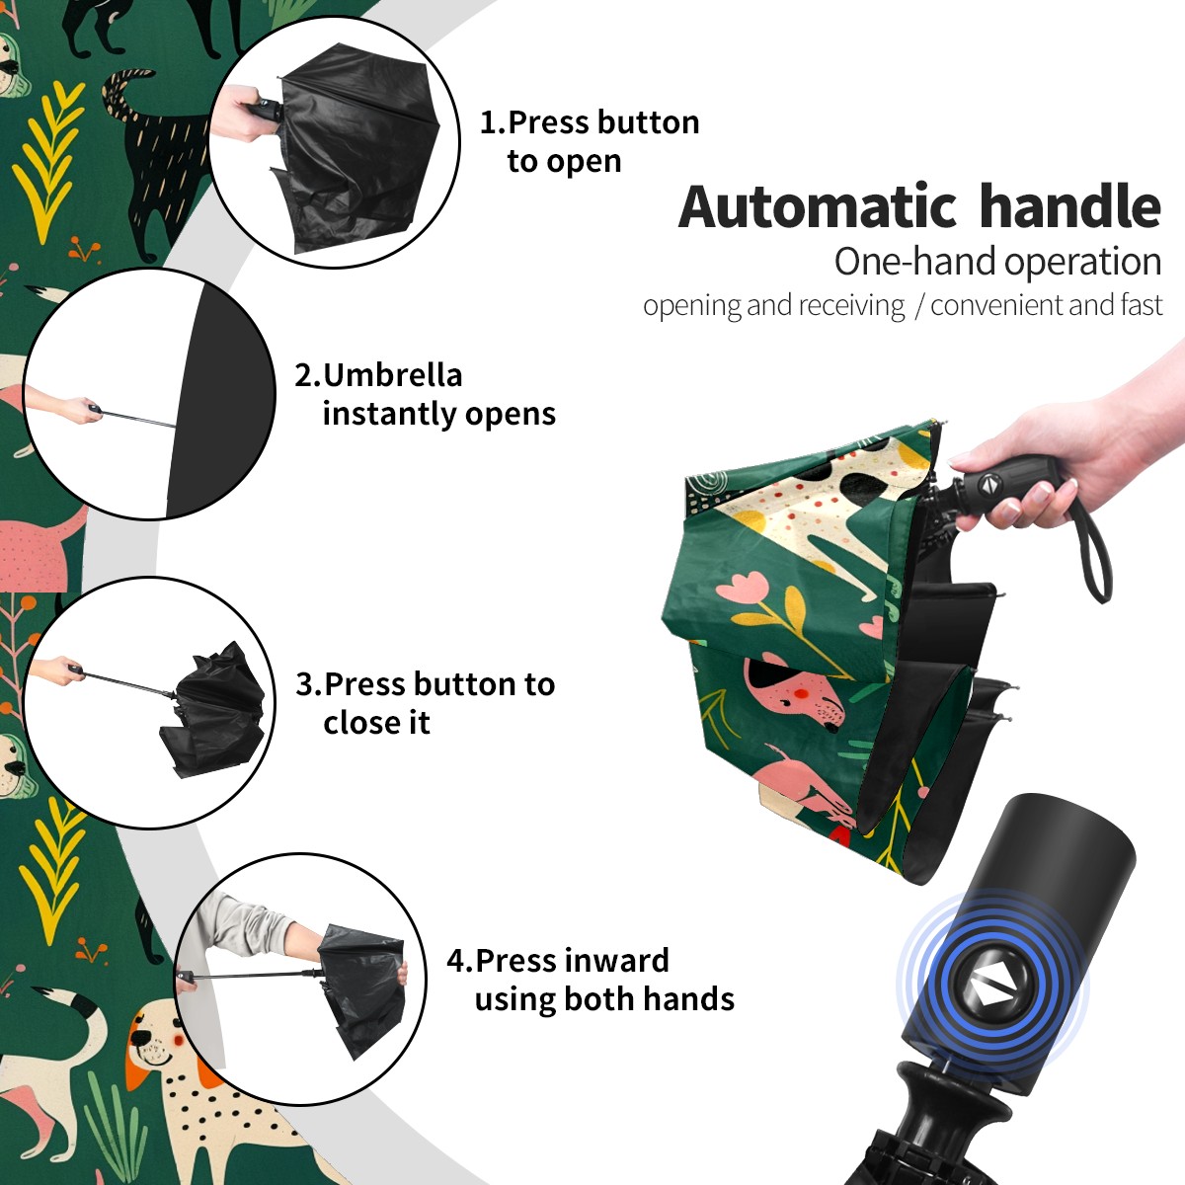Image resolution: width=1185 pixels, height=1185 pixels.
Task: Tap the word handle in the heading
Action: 1070,206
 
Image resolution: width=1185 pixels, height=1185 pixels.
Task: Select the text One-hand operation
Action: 997,263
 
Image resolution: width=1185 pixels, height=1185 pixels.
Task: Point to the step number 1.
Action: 491,123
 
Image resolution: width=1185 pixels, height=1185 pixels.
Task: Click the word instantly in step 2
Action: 390,414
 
